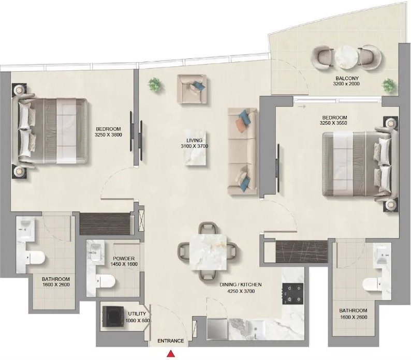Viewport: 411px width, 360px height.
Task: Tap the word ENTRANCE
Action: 171,341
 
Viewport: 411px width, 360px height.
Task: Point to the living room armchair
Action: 192,88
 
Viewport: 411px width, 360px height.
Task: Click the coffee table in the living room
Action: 196,147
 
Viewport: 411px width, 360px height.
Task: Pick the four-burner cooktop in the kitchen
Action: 293,294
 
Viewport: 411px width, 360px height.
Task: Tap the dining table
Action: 208,252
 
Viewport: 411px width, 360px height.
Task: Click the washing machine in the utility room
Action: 113,317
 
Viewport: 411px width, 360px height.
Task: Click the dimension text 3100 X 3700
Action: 194,146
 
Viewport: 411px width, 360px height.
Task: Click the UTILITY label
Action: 137,313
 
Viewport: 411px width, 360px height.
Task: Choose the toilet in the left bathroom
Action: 35,258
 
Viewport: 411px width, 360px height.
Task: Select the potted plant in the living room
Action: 155,84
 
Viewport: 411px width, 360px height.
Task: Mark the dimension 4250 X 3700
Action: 241,291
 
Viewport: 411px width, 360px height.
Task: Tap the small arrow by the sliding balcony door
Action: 302,107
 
